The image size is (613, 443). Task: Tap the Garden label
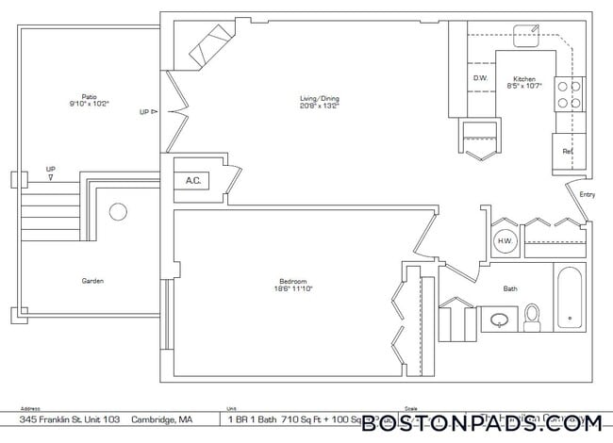click(x=91, y=280)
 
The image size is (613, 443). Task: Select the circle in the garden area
click(x=118, y=212)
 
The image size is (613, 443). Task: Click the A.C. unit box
click(x=193, y=180)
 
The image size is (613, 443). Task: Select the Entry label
click(x=587, y=194)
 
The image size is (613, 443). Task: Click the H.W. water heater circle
click(x=504, y=240)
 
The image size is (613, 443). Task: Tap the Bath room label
click(x=510, y=288)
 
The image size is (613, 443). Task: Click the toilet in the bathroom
click(x=531, y=318)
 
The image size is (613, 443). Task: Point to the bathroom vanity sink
click(x=497, y=320)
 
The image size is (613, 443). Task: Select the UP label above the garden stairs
click(x=50, y=170)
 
